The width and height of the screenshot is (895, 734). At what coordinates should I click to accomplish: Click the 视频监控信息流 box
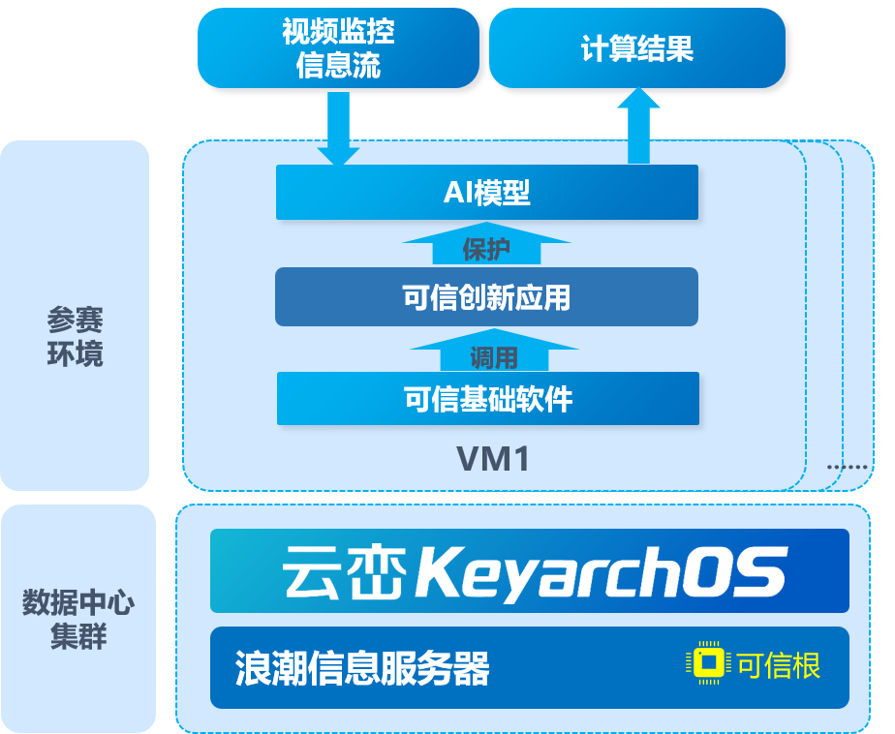point(338,48)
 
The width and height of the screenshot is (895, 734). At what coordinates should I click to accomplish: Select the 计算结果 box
point(636,48)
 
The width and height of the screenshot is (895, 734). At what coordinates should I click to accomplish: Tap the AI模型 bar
point(486,192)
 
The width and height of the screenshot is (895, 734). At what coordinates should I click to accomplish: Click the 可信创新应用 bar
point(486,296)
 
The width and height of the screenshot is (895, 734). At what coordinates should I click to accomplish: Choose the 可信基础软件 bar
point(488,398)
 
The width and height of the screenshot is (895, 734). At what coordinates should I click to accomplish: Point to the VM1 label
point(493,458)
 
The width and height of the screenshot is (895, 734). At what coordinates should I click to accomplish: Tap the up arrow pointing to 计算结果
point(638,126)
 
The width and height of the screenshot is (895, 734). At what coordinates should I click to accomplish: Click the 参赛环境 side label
point(75,337)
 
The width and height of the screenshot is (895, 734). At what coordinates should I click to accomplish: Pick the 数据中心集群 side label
point(77,620)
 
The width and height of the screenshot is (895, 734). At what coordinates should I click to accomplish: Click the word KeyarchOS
point(601,572)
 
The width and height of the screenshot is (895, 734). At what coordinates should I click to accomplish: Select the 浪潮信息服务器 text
point(361,668)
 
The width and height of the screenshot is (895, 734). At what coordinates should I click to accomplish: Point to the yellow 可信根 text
point(779,665)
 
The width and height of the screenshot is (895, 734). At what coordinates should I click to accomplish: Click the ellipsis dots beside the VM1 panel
point(849,467)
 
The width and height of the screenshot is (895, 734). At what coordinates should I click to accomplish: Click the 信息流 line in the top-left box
point(338,66)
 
